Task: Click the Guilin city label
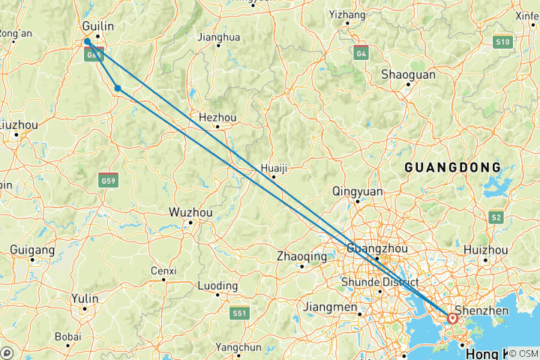pyautogui.click(x=98, y=26)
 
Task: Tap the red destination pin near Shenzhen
pyautogui.click(x=453, y=319)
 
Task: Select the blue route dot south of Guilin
pyautogui.click(x=118, y=88)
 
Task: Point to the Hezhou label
pyautogui.click(x=217, y=117)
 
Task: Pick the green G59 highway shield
pyautogui.click(x=108, y=181)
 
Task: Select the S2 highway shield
pyautogui.click(x=496, y=217)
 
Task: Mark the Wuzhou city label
pyautogui.click(x=191, y=212)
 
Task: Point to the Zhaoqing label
pyautogui.click(x=301, y=256)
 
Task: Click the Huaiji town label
pyautogui.click(x=274, y=168)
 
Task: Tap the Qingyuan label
pyautogui.click(x=358, y=191)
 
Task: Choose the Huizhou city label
pyautogui.click(x=486, y=250)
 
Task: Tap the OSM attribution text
pyautogui.click(x=526, y=352)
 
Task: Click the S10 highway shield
pyautogui.click(x=502, y=43)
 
